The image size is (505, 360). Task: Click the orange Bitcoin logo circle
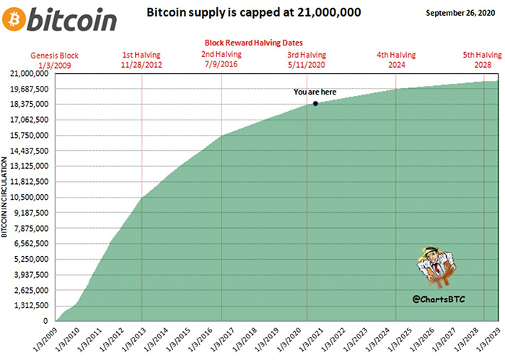point(15,19)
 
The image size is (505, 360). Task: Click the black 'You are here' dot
point(315,104)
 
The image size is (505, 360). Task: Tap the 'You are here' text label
point(315,92)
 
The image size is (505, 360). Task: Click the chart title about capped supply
point(254,13)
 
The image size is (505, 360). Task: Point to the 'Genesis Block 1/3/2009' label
point(55,60)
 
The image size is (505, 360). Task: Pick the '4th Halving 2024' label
point(396,60)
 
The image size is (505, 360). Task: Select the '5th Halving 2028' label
point(481,60)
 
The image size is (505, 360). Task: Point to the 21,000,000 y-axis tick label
point(30,74)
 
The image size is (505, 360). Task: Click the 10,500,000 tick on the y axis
point(30,197)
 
